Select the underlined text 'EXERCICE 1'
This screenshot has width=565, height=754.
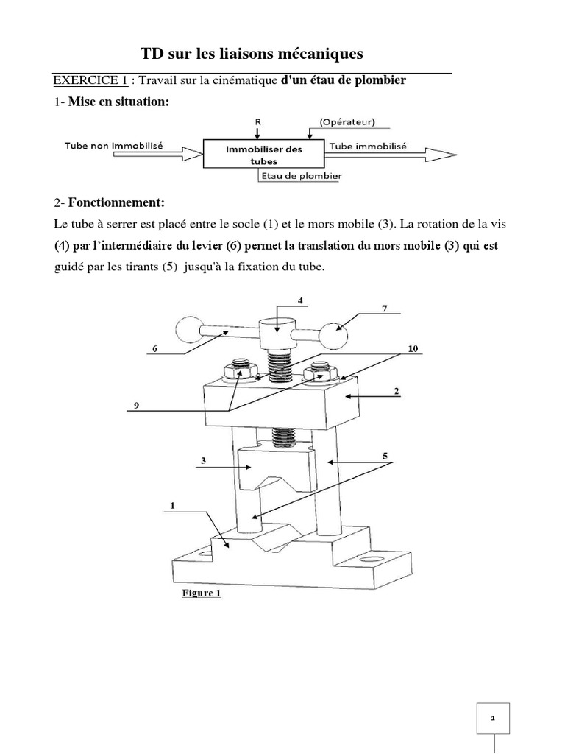tap(84, 80)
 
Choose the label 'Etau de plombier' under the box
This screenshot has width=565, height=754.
tap(300, 177)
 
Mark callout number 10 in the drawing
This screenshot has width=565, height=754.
tap(412, 349)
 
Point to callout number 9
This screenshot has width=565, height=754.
tap(135, 405)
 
